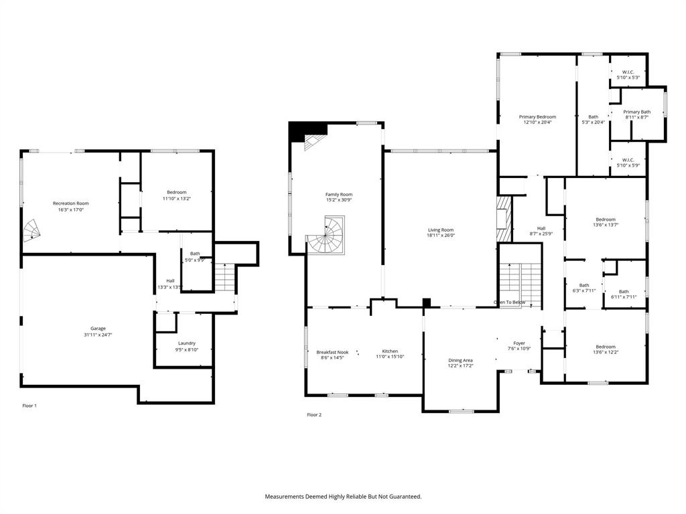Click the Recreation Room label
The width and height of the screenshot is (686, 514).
tap(71, 203)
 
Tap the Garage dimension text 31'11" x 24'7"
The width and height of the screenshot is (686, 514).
tap(98, 335)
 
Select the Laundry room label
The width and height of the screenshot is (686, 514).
tap(187, 343)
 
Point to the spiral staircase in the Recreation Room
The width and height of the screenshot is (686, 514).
tap(32, 232)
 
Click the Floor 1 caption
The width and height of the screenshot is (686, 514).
tap(29, 406)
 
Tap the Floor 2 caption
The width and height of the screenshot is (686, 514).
tap(314, 415)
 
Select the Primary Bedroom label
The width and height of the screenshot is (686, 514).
tap(537, 116)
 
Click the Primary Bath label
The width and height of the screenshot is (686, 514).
tap(636, 112)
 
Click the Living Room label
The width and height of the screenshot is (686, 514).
tap(440, 230)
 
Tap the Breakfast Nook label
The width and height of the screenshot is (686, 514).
tap(332, 351)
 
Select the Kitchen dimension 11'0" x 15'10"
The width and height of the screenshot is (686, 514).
tap(390, 357)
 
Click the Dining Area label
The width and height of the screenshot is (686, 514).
tap(460, 360)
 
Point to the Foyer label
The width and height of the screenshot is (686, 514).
tap(519, 343)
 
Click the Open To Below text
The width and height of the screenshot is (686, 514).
tap(510, 303)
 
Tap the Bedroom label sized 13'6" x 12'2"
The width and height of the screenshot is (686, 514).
tap(605, 347)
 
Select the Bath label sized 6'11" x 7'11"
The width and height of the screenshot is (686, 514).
tap(624, 291)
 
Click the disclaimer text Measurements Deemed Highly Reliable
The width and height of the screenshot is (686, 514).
tap(343, 497)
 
